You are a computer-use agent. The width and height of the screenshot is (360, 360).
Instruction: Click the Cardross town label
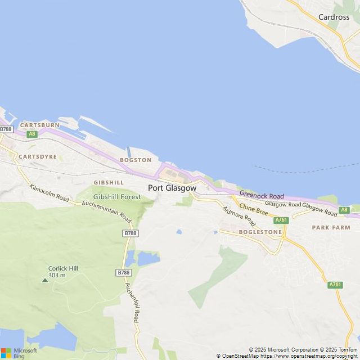(x=334, y=17)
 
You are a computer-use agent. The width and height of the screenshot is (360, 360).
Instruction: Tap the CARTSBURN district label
(x=39, y=125)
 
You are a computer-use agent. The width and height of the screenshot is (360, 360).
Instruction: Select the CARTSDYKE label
(x=38, y=156)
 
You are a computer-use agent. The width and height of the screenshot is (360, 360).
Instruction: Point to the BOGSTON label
(x=136, y=160)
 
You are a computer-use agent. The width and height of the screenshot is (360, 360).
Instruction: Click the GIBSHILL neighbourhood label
(x=109, y=183)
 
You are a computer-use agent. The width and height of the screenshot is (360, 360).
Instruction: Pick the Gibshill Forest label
(x=117, y=197)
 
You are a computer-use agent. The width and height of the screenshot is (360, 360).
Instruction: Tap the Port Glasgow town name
(x=172, y=188)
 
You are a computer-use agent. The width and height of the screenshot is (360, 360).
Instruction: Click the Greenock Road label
(x=262, y=195)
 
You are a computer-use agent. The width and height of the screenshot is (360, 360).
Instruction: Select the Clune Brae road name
(x=254, y=210)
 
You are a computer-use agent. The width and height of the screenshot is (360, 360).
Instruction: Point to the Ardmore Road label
(x=238, y=216)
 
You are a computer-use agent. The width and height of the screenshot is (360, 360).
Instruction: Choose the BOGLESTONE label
(x=260, y=232)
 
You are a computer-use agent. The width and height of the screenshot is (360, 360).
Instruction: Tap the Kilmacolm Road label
(x=49, y=193)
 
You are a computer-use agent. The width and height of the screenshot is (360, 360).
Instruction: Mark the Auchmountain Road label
(x=106, y=211)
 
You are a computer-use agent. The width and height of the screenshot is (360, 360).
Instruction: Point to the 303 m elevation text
(x=57, y=275)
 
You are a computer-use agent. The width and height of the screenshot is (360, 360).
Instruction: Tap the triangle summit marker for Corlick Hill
(x=45, y=280)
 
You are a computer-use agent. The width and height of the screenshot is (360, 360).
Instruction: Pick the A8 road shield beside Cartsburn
(x=32, y=134)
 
